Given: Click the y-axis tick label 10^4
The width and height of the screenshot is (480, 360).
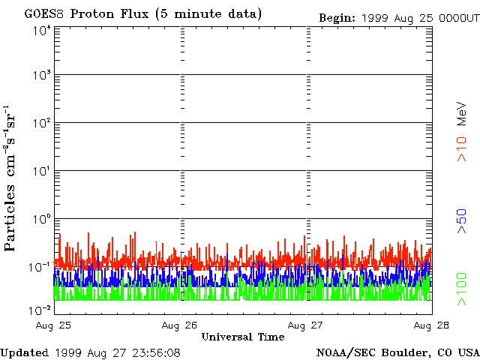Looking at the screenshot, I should point(41,30).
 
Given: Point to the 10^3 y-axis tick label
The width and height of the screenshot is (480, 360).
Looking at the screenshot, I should point(41,76).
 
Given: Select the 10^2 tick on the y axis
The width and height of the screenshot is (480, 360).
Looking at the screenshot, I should point(41,124).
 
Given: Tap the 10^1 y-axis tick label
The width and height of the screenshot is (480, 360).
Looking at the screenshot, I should point(41,172).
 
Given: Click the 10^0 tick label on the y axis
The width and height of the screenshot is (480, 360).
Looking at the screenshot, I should point(41,220).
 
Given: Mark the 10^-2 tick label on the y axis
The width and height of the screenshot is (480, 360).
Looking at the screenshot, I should point(40,310).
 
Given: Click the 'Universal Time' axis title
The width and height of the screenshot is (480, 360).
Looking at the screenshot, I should point(243,337).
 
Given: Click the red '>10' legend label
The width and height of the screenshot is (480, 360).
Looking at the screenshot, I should point(463,148).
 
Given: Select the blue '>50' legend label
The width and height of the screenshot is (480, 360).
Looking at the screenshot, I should point(463,222).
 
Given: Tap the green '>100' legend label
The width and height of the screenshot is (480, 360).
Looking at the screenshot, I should point(463,289).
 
